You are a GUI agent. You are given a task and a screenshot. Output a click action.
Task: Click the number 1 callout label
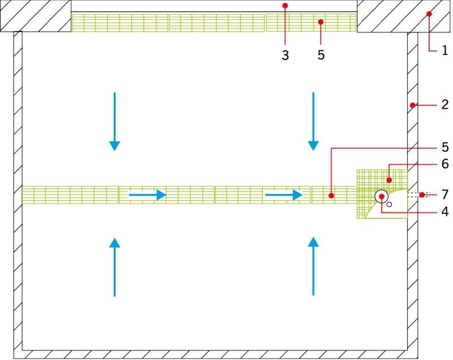pyautogui.click(x=445, y=50)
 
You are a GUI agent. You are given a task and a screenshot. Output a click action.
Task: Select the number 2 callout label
pyautogui.click(x=445, y=105)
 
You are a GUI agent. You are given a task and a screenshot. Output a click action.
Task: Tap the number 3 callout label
pyautogui.click(x=285, y=55)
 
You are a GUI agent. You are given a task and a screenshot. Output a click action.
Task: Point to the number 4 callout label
pyautogui.click(x=445, y=212)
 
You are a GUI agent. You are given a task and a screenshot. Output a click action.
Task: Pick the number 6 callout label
pyautogui.click(x=445, y=164)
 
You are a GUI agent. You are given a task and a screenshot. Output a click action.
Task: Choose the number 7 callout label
pyautogui.click(x=445, y=195)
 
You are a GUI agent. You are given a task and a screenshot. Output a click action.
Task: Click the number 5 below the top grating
pyautogui.click(x=321, y=55)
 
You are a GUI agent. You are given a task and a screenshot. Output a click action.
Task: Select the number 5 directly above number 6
pyautogui.click(x=445, y=147)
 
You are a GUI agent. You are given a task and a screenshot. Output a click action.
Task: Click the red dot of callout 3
pyautogui.click(x=285, y=6)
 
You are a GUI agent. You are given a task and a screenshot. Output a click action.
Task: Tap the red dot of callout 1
pyautogui.click(x=429, y=14)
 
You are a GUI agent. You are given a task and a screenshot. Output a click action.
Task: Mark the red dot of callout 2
pyautogui.click(x=413, y=105)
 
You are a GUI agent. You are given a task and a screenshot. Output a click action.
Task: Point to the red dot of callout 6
pyautogui.click(x=389, y=180)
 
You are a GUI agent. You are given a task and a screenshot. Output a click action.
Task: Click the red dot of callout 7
pyautogui.click(x=422, y=195)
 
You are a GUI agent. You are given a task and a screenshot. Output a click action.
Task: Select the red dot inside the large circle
pyautogui.click(x=382, y=196)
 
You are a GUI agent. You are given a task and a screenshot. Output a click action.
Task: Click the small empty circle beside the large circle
pyautogui.click(x=389, y=204)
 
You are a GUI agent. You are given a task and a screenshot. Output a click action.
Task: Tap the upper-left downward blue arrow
pyautogui.click(x=115, y=122)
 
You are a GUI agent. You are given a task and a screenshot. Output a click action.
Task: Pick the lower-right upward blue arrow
pyautogui.click(x=314, y=267)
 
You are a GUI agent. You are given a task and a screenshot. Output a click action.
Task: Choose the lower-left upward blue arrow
pyautogui.click(x=115, y=267)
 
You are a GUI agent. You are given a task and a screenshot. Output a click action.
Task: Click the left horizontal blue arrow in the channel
pyautogui.click(x=147, y=195)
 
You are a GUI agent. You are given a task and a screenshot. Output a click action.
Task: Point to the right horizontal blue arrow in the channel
pyautogui.click(x=284, y=195)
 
